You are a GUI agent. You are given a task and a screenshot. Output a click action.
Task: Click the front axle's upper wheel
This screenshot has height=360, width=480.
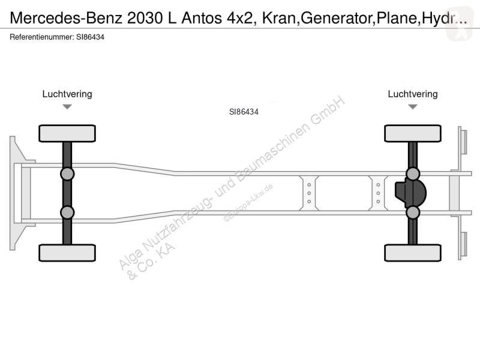point(67,133)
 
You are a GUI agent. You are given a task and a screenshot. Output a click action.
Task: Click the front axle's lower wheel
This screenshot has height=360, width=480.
point(67,253)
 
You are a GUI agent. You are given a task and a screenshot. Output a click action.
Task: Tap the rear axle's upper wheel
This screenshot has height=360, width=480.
point(413,133)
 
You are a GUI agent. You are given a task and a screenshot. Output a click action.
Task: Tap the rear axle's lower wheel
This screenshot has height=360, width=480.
point(413,253)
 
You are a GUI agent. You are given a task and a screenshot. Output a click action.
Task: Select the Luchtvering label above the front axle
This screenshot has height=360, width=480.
point(67,94)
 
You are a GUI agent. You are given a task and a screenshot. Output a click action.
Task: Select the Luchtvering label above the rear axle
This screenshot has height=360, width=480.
point(413,94)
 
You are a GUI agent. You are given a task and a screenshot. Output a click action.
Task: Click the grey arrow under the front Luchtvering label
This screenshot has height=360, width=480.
point(67,107)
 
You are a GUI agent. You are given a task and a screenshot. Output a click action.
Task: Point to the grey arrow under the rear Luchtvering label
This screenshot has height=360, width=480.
point(413,107)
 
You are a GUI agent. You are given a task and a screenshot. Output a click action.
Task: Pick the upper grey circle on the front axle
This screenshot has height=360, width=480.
point(67,174)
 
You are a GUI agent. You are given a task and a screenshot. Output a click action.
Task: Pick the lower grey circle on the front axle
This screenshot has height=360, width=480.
point(67,212)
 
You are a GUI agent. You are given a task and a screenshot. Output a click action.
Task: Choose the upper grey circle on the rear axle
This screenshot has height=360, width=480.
point(413,174)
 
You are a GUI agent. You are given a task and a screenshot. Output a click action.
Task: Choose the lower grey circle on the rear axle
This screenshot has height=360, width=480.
point(413,212)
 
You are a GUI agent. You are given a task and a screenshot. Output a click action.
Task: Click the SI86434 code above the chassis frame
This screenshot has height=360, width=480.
point(244,112)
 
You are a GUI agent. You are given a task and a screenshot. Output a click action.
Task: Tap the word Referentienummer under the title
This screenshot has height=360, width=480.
point(41,37)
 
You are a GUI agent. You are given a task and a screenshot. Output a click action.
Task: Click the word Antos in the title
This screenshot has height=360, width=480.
point(202,18)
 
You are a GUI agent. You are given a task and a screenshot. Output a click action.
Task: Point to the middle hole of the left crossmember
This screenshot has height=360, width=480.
point(309,193)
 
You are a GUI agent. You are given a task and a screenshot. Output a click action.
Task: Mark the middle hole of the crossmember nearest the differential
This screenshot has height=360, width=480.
point(378,193)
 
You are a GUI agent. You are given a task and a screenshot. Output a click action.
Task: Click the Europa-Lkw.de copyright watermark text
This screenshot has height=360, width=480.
point(248,202)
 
